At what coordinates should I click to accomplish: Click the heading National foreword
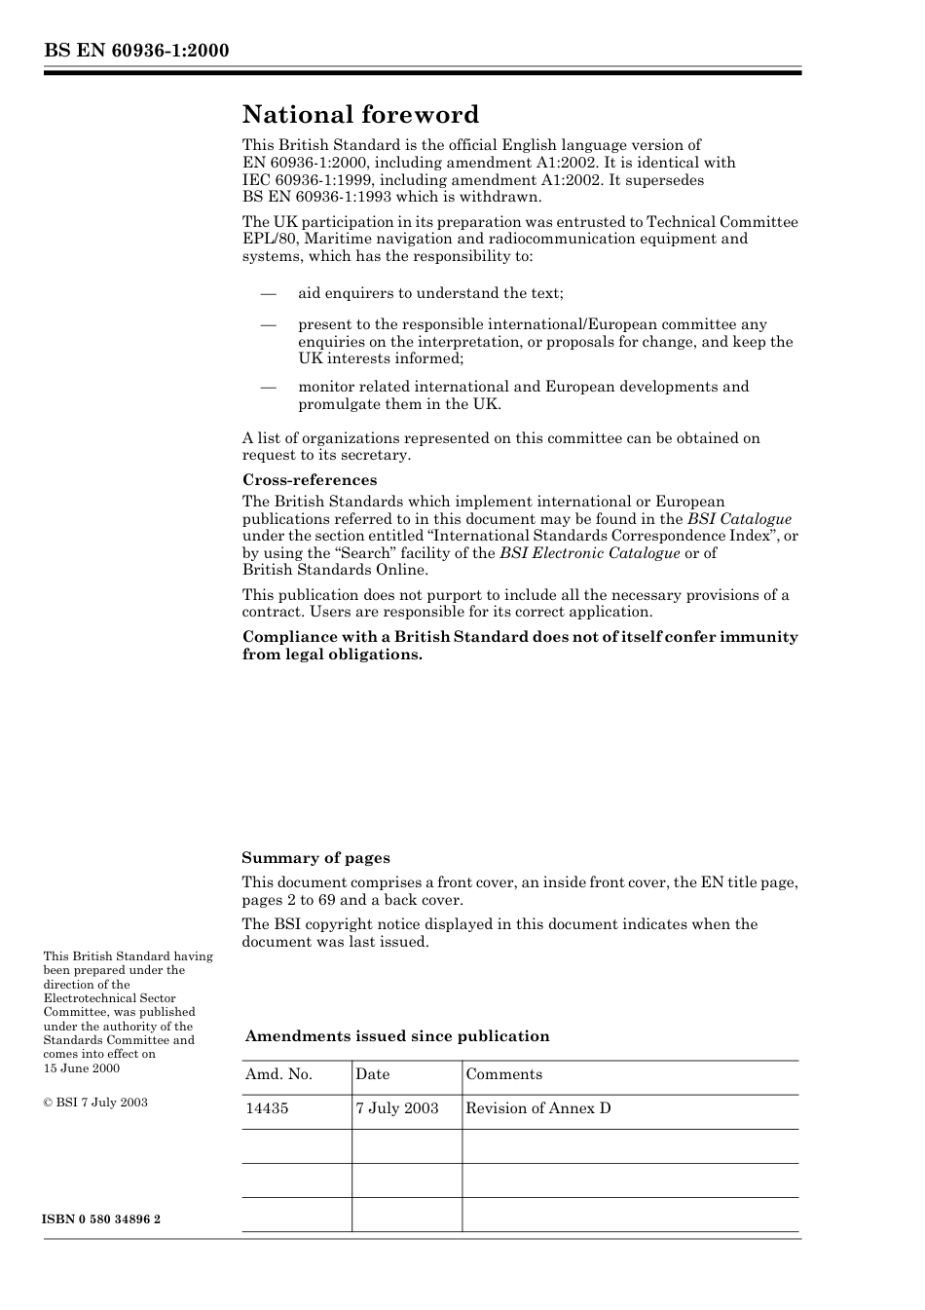click(x=360, y=115)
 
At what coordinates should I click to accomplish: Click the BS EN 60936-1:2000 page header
click(x=136, y=51)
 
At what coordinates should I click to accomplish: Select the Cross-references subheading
click(x=309, y=480)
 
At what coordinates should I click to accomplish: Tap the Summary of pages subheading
click(x=315, y=858)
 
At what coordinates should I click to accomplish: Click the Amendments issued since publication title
click(x=397, y=1036)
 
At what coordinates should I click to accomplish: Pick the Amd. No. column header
click(x=278, y=1074)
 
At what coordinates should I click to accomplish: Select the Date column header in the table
click(x=372, y=1074)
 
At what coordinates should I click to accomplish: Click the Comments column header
click(x=503, y=1074)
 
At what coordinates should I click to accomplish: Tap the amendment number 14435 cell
click(x=267, y=1108)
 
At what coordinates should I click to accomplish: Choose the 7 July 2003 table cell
click(x=396, y=1108)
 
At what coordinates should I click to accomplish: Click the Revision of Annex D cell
click(x=537, y=1108)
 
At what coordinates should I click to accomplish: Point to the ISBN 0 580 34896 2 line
click(x=102, y=1219)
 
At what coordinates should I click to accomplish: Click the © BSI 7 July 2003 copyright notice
click(x=95, y=1103)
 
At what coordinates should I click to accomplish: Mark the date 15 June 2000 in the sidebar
click(x=82, y=1068)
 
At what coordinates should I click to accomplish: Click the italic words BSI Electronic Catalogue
click(x=589, y=553)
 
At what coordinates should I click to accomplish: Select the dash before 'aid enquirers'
click(x=268, y=293)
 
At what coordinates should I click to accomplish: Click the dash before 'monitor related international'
click(x=268, y=387)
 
